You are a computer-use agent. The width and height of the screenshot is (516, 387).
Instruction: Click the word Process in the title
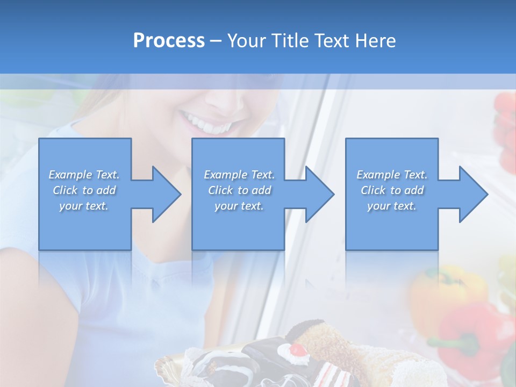pos(169,40)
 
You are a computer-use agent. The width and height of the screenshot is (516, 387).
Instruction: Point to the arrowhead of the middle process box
pos(319,194)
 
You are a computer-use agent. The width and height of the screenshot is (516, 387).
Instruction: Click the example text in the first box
pos(84,190)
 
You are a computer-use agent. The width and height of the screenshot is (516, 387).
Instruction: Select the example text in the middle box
pos(239,190)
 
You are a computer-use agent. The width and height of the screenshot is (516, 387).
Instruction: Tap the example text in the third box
pos(392,190)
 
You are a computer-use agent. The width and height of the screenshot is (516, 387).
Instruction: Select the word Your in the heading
pos(246,40)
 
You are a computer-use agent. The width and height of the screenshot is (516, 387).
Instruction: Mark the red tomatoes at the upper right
pos(505,129)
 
